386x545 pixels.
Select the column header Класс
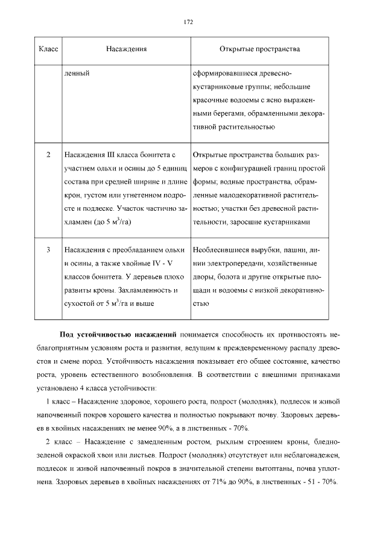[48, 48]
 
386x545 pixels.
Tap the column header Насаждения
[127, 48]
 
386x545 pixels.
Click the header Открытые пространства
[259, 48]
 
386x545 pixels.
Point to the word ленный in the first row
[77, 73]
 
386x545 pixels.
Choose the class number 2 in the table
[48, 155]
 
